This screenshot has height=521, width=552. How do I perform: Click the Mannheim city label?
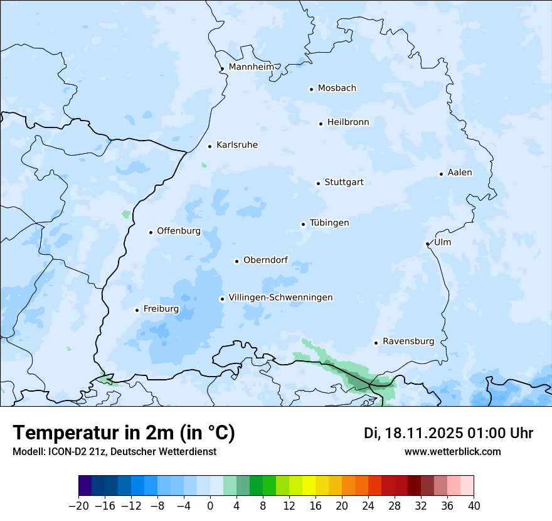click(x=251, y=67)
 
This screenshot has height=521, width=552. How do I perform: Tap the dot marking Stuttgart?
click(x=318, y=183)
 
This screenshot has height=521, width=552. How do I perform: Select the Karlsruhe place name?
click(x=236, y=145)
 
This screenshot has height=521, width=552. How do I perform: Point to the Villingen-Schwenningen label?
click(x=280, y=298)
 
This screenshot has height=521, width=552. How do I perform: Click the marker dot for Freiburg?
click(x=137, y=310)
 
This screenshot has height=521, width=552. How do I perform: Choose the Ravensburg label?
click(x=408, y=341)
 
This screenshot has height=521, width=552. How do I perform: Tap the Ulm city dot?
click(x=427, y=244)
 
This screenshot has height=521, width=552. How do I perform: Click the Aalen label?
click(x=460, y=173)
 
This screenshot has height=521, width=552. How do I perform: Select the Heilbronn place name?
click(x=348, y=122)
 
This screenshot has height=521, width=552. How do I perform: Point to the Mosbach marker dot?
click(x=311, y=89)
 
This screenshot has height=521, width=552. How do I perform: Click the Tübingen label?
click(x=329, y=223)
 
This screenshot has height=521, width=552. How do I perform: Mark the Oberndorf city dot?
click(x=236, y=261)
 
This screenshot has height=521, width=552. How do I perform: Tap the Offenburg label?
click(x=179, y=231)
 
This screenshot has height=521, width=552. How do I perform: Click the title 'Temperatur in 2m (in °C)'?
click(x=124, y=433)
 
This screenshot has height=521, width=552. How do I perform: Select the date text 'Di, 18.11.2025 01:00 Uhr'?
click(x=448, y=433)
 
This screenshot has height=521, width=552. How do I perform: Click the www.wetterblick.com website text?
click(x=452, y=451)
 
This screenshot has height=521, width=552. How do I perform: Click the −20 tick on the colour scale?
click(x=78, y=506)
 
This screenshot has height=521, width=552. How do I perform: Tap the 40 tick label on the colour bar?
click(x=474, y=506)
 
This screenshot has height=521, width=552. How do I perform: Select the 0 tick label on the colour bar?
click(x=210, y=506)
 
